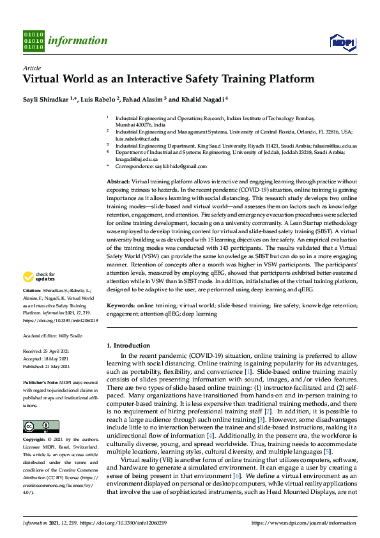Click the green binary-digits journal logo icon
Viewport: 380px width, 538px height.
click(33, 40)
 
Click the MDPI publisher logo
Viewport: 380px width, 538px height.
click(342, 42)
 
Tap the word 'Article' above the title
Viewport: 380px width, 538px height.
click(31, 67)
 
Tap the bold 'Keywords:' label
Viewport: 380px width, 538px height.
click(121, 306)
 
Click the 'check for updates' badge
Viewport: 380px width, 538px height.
click(38, 277)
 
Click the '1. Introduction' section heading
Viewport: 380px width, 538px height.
click(128, 346)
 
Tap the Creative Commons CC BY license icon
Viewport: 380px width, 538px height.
click(36, 426)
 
